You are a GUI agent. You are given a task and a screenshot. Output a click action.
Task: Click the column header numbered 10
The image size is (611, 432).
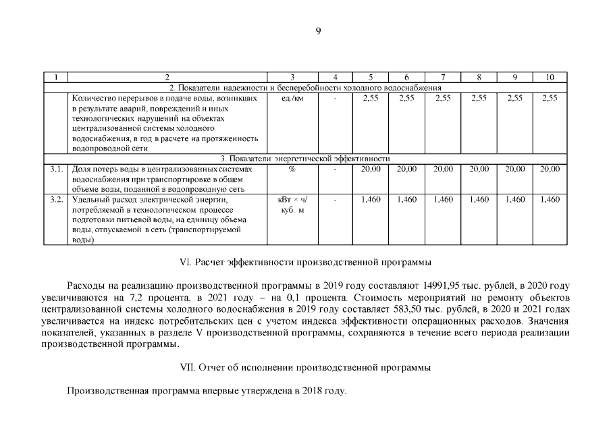[550, 78]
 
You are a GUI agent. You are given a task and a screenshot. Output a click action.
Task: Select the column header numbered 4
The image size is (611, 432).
[335, 78]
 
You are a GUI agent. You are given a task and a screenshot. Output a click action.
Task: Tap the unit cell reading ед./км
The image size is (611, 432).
[292, 99]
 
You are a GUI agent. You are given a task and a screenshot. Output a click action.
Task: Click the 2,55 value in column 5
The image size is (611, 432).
[371, 99]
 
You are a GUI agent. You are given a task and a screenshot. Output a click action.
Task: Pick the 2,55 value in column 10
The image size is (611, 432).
[550, 99]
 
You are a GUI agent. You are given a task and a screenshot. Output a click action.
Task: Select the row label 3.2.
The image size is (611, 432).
[57, 200]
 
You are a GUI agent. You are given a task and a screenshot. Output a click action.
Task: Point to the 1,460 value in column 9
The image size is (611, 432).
[515, 200]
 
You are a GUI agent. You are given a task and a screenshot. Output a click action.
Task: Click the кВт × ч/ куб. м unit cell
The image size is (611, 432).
[292, 205]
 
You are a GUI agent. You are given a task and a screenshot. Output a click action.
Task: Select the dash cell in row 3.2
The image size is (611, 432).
[335, 200]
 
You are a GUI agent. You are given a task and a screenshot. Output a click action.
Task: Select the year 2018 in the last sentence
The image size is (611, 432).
[307, 391]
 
